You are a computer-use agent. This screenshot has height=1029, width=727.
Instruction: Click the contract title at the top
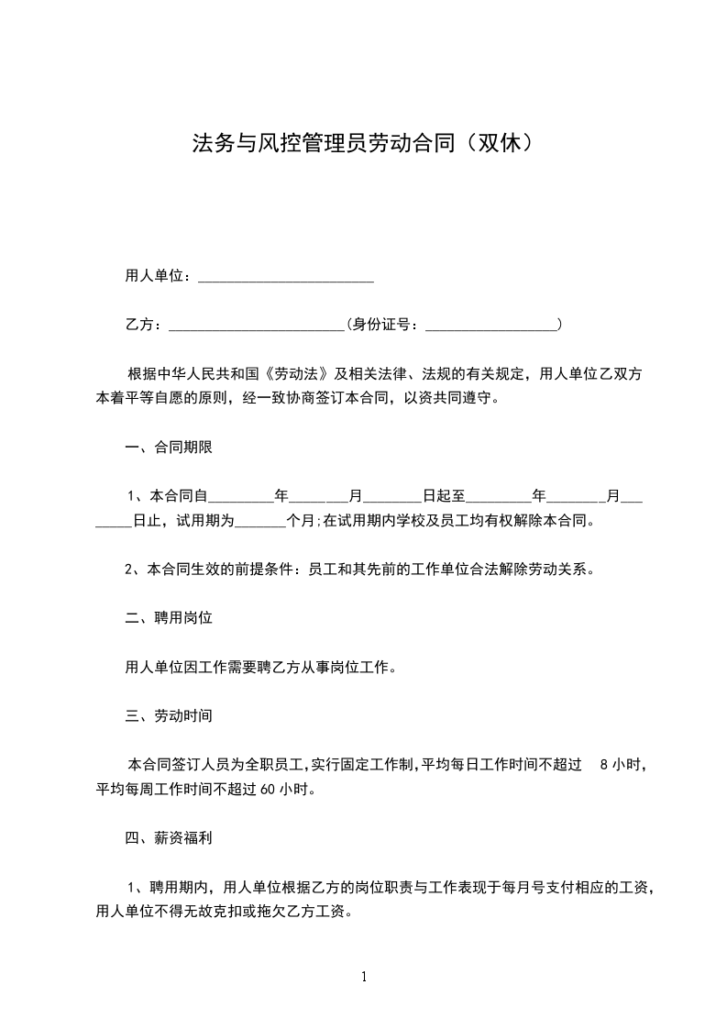point(362,144)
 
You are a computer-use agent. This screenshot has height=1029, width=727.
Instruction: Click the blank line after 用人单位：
point(285,277)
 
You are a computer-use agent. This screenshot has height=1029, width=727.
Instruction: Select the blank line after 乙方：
point(256,325)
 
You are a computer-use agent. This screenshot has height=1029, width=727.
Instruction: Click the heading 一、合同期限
point(169,448)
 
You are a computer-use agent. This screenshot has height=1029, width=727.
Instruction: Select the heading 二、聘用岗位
point(169,619)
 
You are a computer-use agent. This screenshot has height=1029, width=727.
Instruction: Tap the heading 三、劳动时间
point(169,715)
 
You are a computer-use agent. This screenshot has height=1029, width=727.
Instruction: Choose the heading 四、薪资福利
point(169,837)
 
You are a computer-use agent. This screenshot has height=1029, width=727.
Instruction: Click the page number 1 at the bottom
point(364,977)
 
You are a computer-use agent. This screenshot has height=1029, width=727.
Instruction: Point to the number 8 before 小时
point(603,764)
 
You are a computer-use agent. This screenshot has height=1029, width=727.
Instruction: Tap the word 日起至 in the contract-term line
point(444,497)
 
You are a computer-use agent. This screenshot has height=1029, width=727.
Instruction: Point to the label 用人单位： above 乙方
point(159,276)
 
